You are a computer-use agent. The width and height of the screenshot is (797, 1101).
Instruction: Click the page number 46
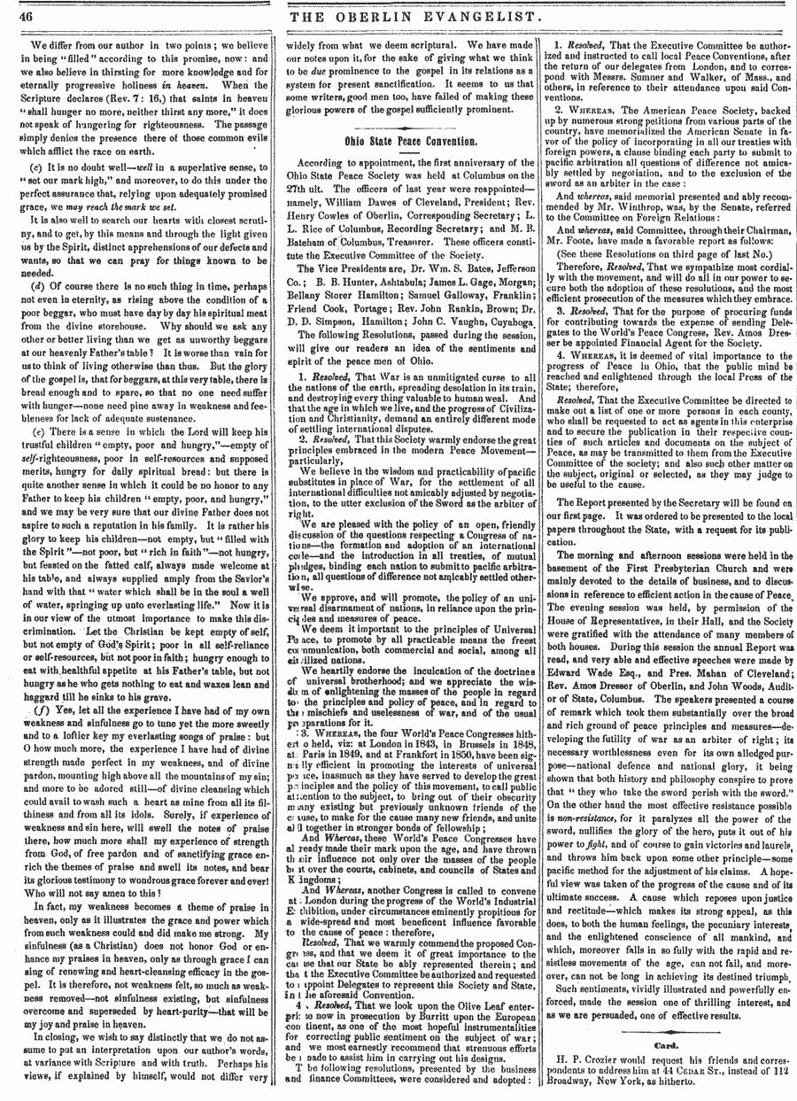click(22, 15)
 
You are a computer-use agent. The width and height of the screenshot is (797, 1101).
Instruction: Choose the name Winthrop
click(648, 139)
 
